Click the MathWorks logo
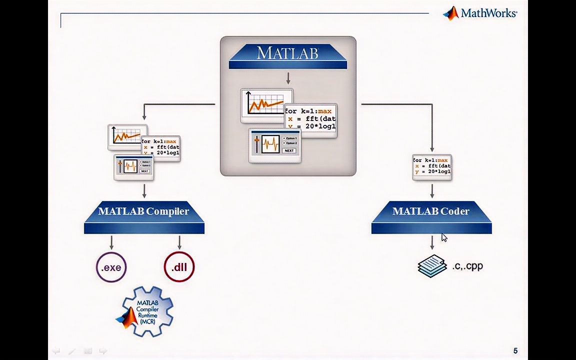pos(479,13)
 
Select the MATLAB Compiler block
pos(144,217)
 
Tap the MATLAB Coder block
pos(431,217)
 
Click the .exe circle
pos(111,267)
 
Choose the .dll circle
pos(179,267)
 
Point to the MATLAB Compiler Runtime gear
pos(146,311)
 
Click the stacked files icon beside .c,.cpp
pos(432,266)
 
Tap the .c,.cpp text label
pos(467,266)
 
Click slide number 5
pos(515,351)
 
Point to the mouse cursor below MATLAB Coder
pos(444,237)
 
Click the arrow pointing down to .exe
pos(111,242)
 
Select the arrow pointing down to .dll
pos(179,242)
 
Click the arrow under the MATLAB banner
pos(288,78)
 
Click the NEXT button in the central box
pos(289,150)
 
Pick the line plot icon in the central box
pos(266,104)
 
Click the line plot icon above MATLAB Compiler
pos(127,136)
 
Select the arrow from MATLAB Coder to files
pos(432,243)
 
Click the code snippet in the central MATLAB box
pos(310,119)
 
